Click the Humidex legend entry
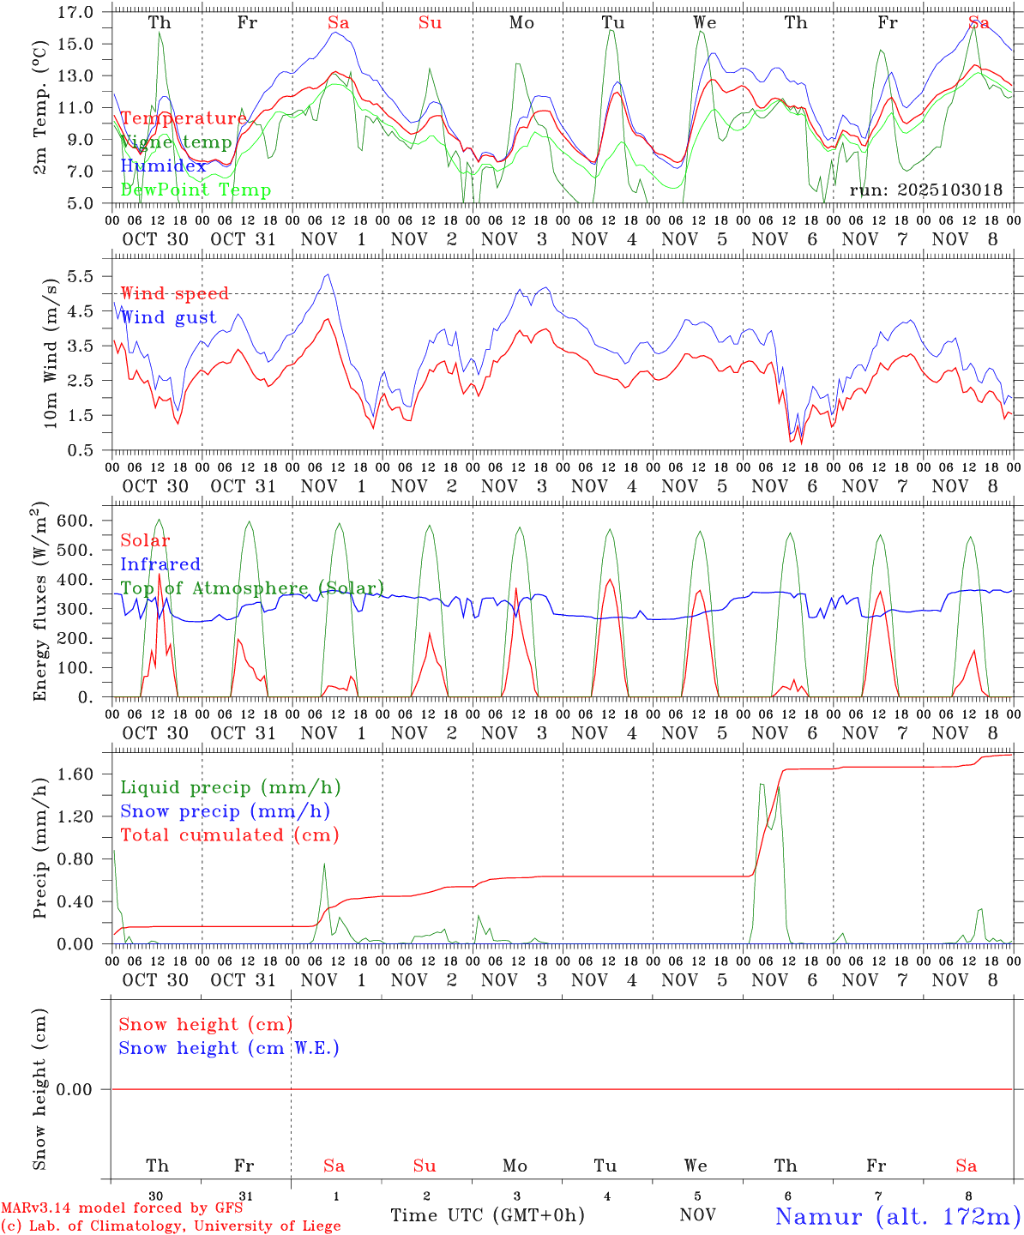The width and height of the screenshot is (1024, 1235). coord(164,166)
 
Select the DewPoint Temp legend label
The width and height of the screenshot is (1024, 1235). coord(196,190)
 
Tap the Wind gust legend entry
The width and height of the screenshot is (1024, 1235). coord(168,317)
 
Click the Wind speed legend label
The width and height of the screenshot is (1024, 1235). coord(175,293)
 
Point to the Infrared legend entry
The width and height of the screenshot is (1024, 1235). coord(160,564)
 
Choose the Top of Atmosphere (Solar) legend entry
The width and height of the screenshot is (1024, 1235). coord(252,588)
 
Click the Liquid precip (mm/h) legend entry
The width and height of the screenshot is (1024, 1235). coord(230,787)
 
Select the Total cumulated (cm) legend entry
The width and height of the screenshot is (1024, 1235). coord(229,834)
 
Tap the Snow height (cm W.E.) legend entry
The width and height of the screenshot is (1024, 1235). coord(229,1048)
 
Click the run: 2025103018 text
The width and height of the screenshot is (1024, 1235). coord(926,190)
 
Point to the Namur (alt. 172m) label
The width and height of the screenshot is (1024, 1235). coord(897,1216)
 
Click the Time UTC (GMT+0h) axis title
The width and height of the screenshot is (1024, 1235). coord(487,1215)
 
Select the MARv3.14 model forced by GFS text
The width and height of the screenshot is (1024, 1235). coord(122,1208)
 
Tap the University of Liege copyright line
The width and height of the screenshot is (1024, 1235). coord(171,1226)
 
